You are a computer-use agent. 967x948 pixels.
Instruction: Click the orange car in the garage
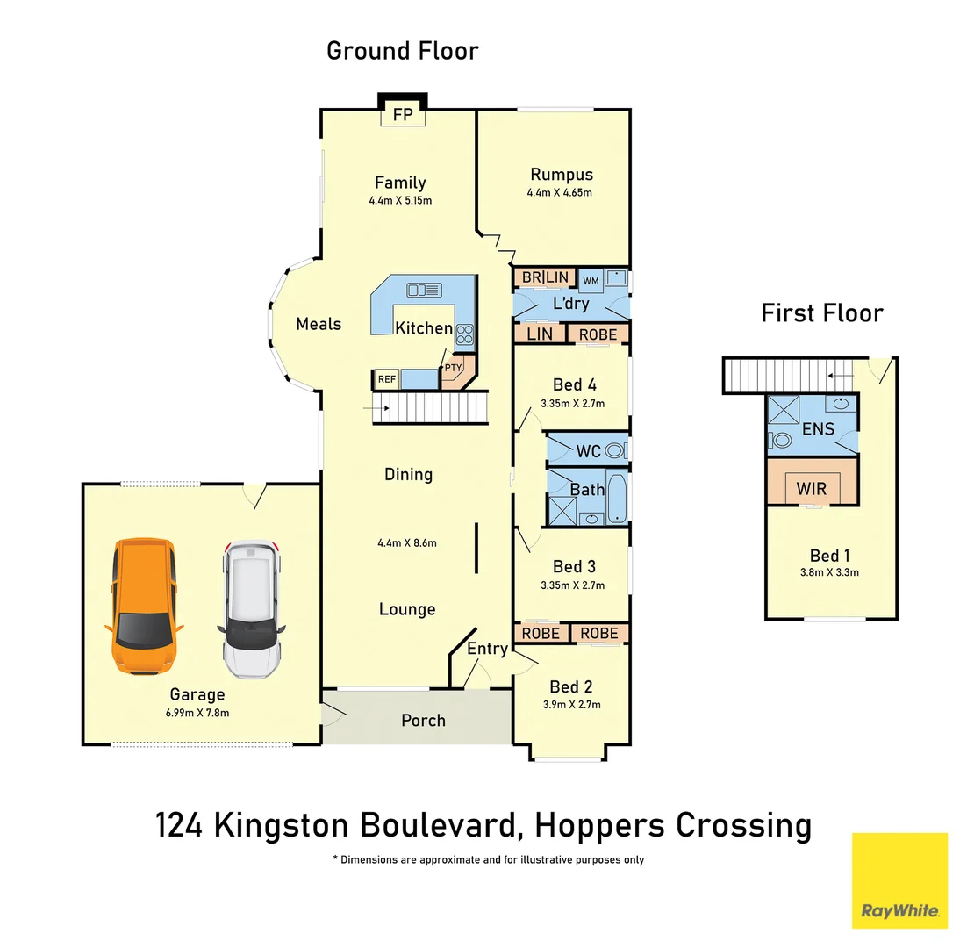[144, 606]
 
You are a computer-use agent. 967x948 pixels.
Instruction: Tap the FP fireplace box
[403, 115]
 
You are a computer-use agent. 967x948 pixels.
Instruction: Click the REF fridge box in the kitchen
[386, 379]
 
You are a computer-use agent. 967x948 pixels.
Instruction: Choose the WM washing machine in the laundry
[591, 280]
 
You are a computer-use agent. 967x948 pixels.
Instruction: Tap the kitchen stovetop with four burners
[464, 334]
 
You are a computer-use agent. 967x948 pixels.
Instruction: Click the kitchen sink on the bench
[424, 289]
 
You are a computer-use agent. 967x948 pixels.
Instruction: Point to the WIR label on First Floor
[811, 488]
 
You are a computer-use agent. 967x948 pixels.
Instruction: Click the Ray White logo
[899, 880]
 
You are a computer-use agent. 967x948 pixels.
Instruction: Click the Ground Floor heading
[403, 51]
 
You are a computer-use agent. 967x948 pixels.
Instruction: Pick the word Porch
[423, 720]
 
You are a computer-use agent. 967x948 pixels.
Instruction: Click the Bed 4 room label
[574, 384]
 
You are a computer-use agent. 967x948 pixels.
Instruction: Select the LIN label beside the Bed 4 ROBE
[540, 334]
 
